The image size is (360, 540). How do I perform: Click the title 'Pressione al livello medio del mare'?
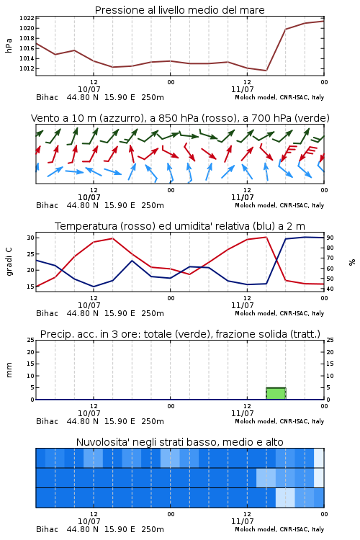tap(179, 10)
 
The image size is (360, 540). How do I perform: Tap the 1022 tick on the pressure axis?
tap(27, 18)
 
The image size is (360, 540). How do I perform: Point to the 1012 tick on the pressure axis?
tap(27, 68)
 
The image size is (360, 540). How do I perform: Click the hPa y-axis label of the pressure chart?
tap(9, 45)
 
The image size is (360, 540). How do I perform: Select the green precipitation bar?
tap(276, 393)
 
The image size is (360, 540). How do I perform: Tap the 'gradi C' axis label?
tap(9, 262)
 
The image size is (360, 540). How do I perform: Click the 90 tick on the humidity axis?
tap(330, 238)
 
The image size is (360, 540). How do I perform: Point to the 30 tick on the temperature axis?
tap(30, 238)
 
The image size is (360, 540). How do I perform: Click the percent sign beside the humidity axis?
tap(352, 262)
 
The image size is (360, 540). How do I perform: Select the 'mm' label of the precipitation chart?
tap(9, 370)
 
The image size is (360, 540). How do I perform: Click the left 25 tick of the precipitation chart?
tap(30, 340)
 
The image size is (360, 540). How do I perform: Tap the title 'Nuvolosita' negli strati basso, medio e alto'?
tap(179, 442)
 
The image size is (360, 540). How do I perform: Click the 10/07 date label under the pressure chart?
tap(89, 89)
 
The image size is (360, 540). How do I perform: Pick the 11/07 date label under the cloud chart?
tap(243, 521)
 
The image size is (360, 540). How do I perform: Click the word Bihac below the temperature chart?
tap(48, 313)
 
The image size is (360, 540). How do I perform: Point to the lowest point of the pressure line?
tap(266, 71)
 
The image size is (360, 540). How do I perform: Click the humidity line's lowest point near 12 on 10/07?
tap(94, 287)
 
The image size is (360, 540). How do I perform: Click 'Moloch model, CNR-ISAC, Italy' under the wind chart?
tap(279, 205)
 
